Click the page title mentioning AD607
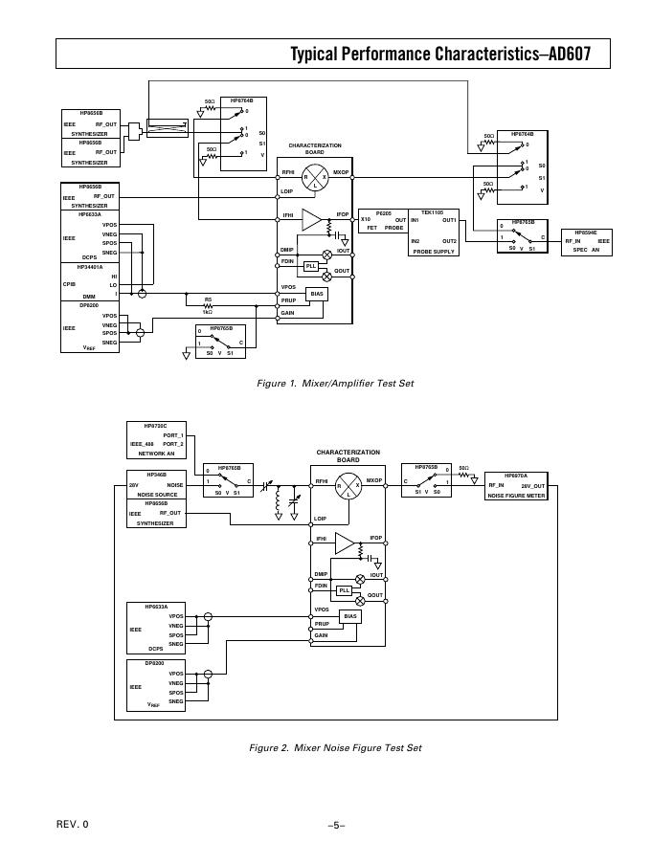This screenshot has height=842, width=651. (447, 55)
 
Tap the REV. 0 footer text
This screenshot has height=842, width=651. (73, 824)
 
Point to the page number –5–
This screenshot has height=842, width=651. (335, 824)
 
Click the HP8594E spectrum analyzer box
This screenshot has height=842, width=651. (586, 241)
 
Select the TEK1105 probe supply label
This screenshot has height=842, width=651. (434, 211)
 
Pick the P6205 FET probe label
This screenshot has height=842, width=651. (383, 212)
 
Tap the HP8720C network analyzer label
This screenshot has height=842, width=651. (155, 425)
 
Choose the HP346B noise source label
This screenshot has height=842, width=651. (156, 474)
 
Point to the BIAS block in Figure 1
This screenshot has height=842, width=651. (317, 293)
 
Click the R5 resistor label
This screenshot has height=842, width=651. (208, 299)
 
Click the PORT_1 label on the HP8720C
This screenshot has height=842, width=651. (172, 434)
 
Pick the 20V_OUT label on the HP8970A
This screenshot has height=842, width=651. (532, 486)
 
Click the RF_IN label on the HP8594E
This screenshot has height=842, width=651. (572, 241)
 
